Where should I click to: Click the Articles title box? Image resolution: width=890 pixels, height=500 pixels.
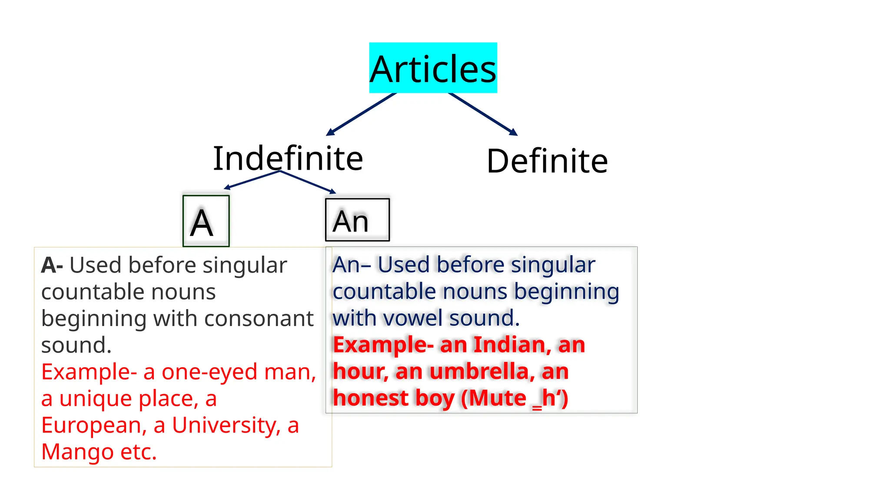click(x=433, y=68)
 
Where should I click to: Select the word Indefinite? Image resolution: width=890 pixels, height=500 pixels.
click(x=288, y=158)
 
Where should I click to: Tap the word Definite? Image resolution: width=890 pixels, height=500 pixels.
click(x=547, y=161)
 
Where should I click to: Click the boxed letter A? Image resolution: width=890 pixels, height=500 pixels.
click(x=206, y=221)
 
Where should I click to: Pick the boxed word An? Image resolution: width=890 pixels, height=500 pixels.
click(x=357, y=220)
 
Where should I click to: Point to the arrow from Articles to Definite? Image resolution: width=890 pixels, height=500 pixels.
click(x=482, y=113)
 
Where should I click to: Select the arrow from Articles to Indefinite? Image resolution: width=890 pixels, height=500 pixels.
click(x=361, y=114)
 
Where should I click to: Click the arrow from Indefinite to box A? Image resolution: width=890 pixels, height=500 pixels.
click(x=252, y=180)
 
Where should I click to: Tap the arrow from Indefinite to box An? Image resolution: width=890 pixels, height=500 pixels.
click(x=308, y=182)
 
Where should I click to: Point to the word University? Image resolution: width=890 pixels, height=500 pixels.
click(x=226, y=425)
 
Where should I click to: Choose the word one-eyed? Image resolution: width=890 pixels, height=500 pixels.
click(x=210, y=372)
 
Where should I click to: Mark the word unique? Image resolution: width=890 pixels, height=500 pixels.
click(x=96, y=399)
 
